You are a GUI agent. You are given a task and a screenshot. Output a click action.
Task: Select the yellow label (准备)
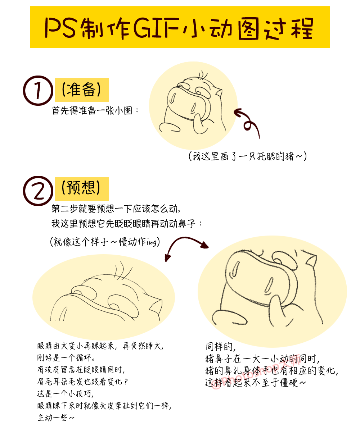[81, 90]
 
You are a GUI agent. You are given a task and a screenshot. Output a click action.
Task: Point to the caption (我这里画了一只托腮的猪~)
[247, 156]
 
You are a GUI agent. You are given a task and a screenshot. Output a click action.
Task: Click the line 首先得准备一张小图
[95, 110]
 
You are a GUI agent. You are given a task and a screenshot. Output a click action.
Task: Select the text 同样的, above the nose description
[220, 347]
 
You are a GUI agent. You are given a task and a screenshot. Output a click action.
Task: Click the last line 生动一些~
[56, 418]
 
